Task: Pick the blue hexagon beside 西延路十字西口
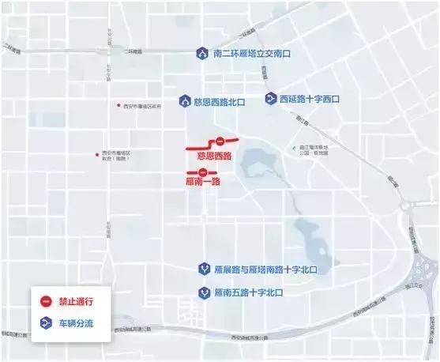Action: (270, 99)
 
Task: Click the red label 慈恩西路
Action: (213, 156)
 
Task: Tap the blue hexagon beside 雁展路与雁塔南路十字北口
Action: (203, 268)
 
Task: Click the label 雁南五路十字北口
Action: (247, 292)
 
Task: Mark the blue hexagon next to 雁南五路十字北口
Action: (204, 292)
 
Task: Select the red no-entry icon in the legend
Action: (46, 301)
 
